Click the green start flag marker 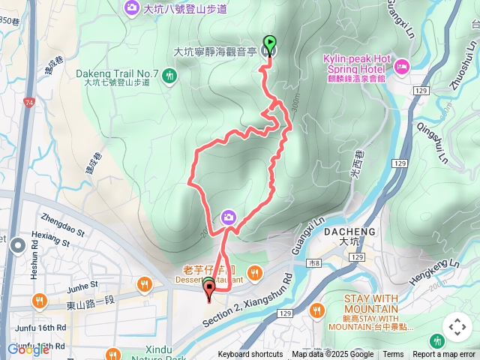(x=268, y=43)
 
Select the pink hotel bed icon (x=401, y=67)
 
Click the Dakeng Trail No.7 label (x=117, y=73)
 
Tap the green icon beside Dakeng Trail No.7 (x=170, y=74)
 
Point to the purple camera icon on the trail (x=228, y=217)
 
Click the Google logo (x=28, y=349)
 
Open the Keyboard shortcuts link (x=250, y=355)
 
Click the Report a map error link (x=445, y=355)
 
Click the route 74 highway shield (x=28, y=102)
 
